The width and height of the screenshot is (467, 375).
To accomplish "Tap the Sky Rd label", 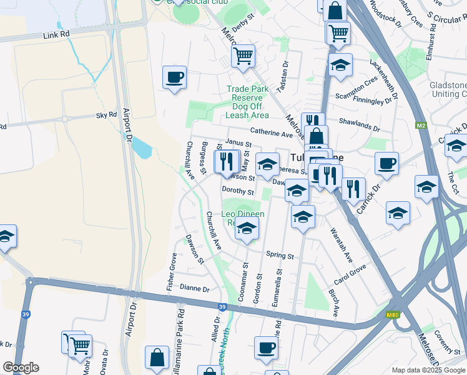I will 106,115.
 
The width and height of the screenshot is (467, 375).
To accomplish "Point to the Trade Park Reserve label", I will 247,89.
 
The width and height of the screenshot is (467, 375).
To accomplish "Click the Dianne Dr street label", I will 194,289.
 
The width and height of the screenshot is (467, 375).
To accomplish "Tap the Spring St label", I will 280,256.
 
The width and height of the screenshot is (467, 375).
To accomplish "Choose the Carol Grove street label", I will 350,273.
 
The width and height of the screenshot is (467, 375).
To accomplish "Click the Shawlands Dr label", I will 359,125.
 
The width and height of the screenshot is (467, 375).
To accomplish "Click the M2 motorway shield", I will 420,126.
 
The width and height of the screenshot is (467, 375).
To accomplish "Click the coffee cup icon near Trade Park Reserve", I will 174,77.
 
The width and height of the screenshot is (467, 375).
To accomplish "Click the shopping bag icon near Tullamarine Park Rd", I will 157,357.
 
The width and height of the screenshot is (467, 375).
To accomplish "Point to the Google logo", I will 21,367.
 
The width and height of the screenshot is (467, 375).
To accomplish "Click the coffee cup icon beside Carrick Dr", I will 386,163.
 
